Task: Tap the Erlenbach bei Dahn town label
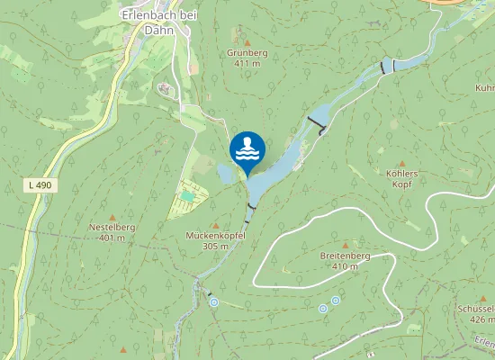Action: coord(160,22)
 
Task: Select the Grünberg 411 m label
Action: coord(247,58)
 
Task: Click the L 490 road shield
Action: coord(39,185)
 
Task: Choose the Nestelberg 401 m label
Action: coord(112,233)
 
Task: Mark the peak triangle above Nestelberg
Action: coord(112,217)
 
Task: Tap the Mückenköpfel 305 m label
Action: coord(215,240)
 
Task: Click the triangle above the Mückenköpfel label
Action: coord(215,225)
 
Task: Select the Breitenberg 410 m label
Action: coord(345,261)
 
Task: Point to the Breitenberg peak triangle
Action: coord(344,245)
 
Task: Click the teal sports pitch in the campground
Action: coord(187,195)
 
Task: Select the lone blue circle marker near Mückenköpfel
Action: coord(214,302)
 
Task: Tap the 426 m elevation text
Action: coord(482,319)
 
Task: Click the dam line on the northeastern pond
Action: coord(388,67)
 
